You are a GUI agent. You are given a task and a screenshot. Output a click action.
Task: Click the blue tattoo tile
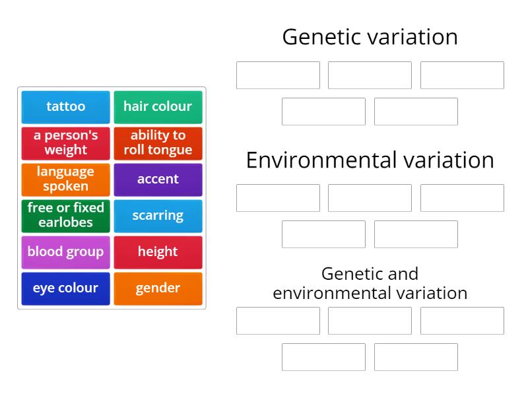point(65,107)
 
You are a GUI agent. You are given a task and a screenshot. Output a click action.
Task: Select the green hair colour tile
point(158,107)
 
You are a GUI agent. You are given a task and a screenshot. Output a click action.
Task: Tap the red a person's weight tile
point(65,143)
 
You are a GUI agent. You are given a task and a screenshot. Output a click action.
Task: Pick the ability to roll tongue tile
point(158,143)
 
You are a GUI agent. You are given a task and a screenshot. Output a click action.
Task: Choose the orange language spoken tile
point(65,180)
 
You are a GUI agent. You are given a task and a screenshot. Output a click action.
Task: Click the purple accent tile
point(158,180)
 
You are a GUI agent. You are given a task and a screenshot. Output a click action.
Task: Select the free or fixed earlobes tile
point(65,216)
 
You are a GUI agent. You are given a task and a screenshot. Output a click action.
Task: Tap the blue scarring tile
point(158,216)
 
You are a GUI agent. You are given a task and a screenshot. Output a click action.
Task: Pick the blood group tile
point(65,252)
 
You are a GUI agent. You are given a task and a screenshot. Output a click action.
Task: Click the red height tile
point(158,252)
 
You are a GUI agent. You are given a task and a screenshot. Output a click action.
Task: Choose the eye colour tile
point(65,288)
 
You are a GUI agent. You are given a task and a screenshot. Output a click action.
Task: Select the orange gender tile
point(158,288)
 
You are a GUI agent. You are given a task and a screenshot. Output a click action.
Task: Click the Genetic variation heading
point(370,37)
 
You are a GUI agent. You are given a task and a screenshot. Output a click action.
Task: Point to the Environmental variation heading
point(370,160)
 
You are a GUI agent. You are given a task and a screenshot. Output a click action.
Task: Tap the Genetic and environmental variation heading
point(370,283)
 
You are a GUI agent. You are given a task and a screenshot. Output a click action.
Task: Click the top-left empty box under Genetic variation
point(278,75)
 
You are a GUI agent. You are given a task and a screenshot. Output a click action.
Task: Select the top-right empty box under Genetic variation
point(462,75)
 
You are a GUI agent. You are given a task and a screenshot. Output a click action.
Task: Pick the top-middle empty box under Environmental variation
point(370,198)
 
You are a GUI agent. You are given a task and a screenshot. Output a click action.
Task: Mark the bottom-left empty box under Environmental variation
point(323,234)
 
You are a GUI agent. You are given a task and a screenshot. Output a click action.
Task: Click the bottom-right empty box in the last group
point(416,357)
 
